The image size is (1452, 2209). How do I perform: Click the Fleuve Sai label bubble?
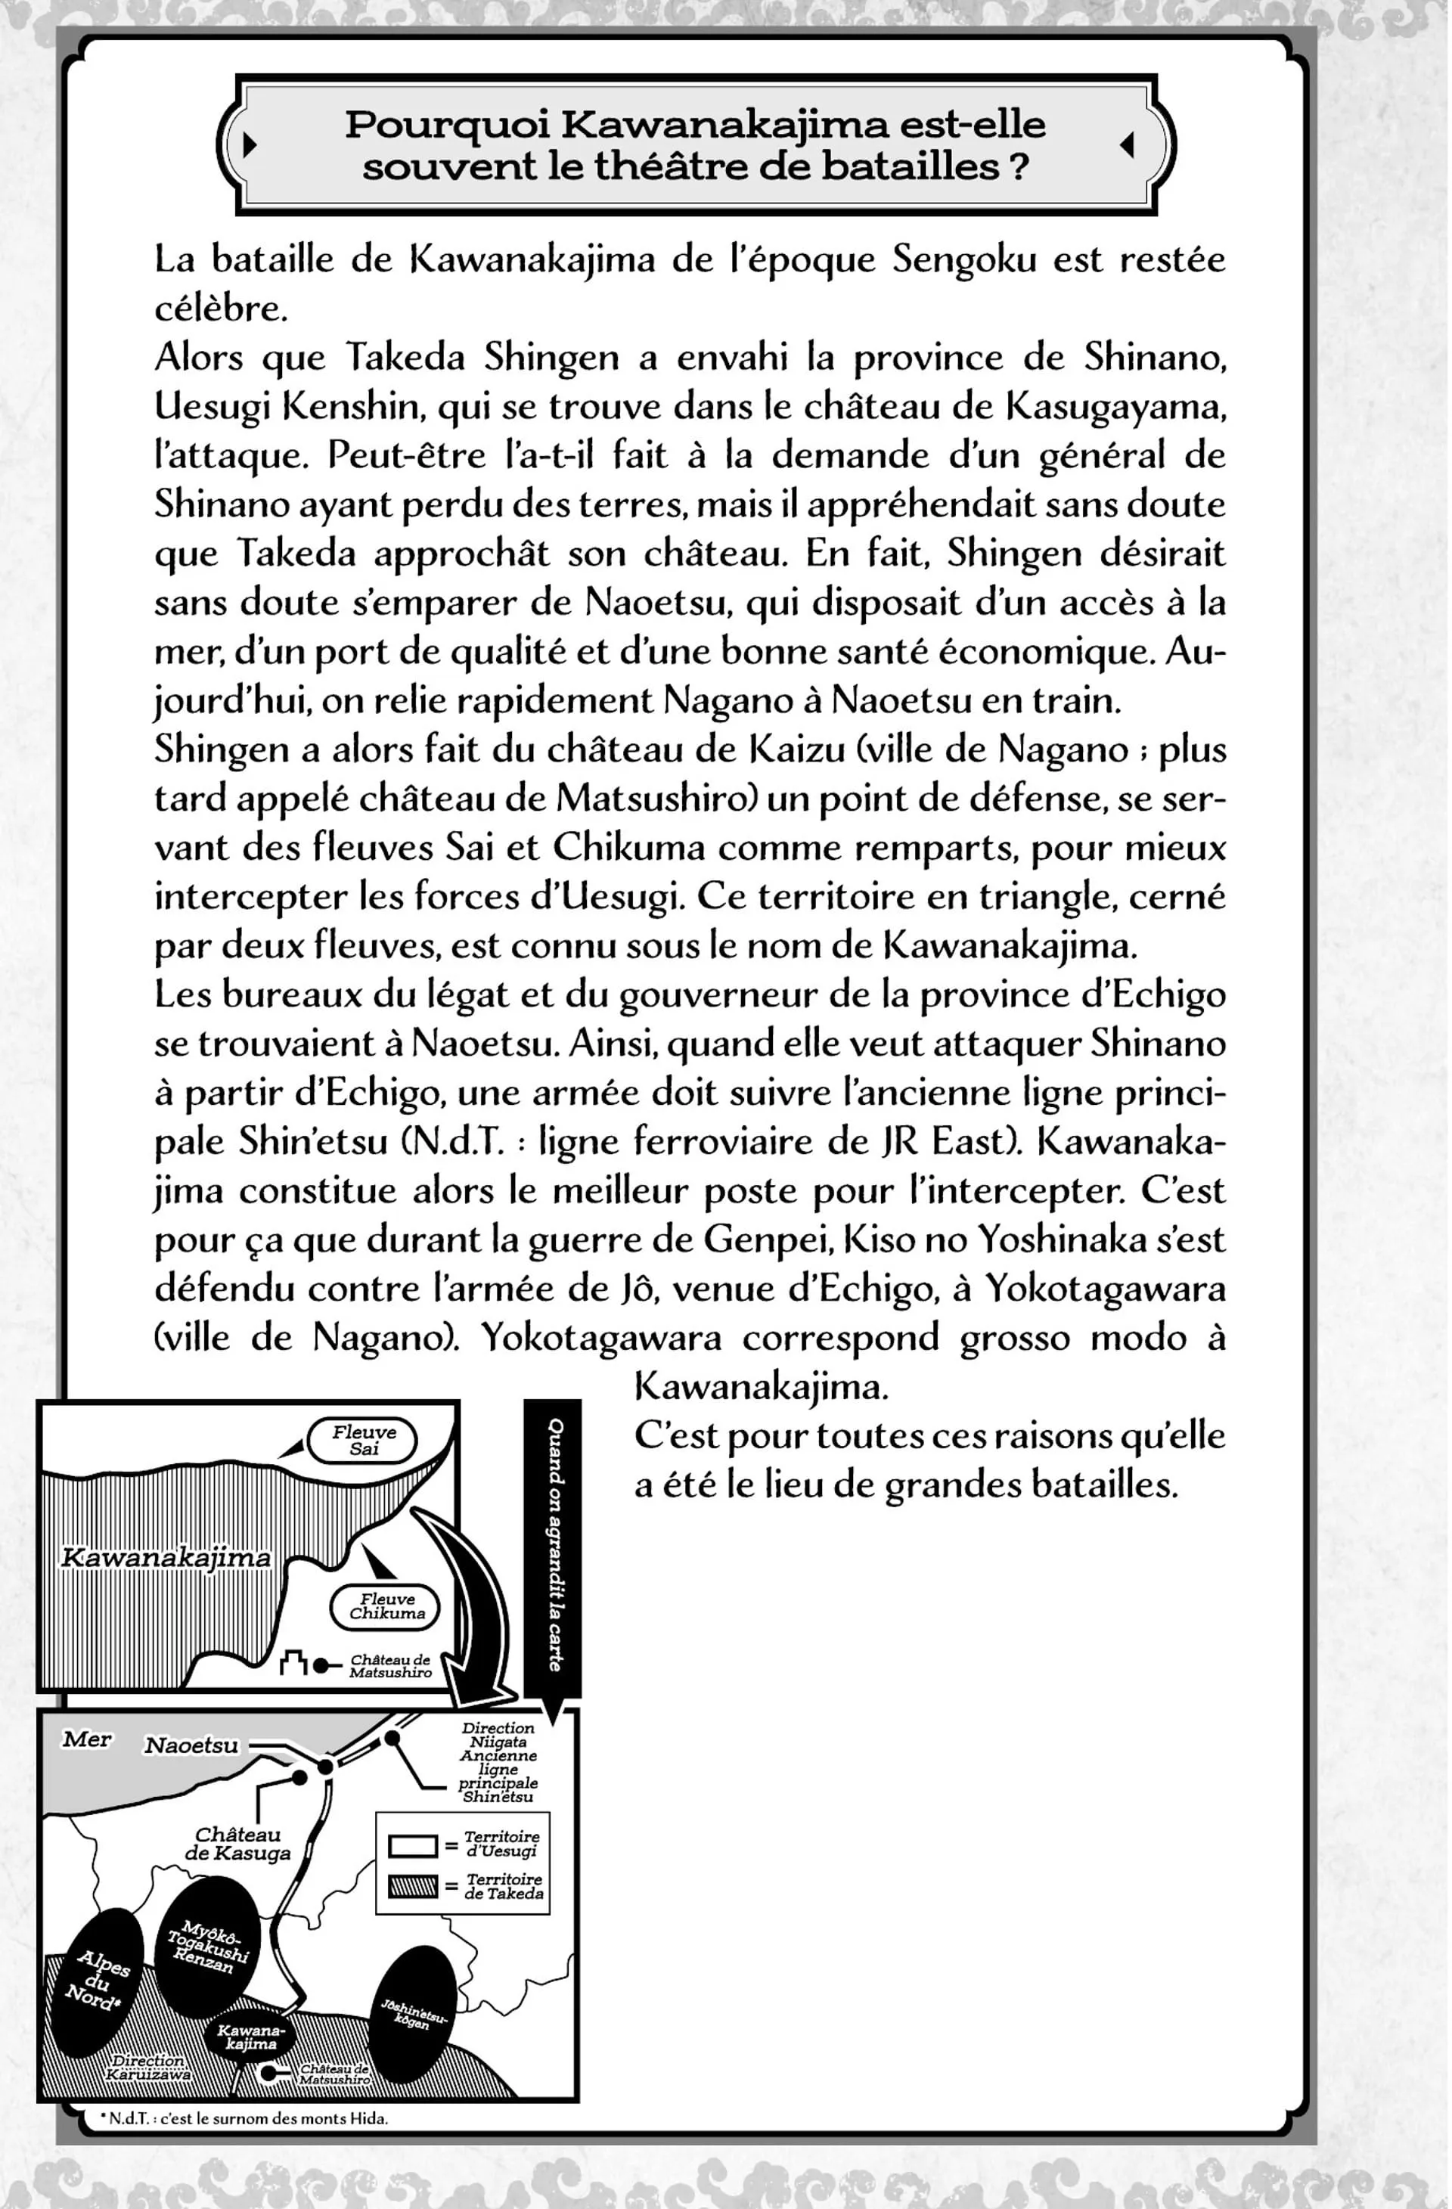click(x=363, y=1441)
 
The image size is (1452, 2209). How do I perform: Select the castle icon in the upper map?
click(x=293, y=1665)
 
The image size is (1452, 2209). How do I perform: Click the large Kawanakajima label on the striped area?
click(x=166, y=1557)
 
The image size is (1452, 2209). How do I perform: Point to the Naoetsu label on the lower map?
click(x=191, y=1745)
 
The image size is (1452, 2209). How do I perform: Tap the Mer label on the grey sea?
click(x=86, y=1739)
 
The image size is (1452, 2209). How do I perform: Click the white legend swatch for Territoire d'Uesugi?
click(x=412, y=1845)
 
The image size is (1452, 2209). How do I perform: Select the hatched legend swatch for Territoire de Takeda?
click(x=412, y=1886)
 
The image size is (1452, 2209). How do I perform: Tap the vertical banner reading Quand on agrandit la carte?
click(x=554, y=1544)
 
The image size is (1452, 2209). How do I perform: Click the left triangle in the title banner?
click(x=249, y=144)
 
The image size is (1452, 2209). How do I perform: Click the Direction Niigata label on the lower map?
click(x=498, y=1735)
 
